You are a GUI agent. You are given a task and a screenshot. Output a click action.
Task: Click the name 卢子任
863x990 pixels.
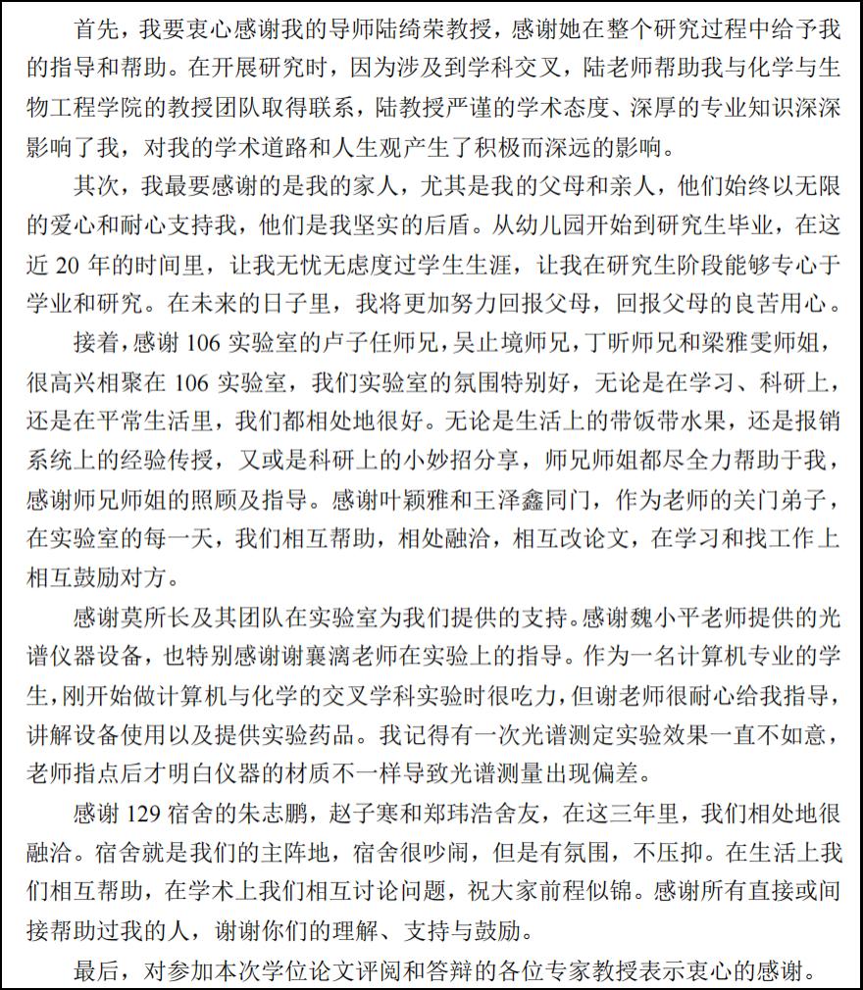coord(346,345)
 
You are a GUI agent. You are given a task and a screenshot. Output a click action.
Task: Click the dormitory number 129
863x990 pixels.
coord(146,813)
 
